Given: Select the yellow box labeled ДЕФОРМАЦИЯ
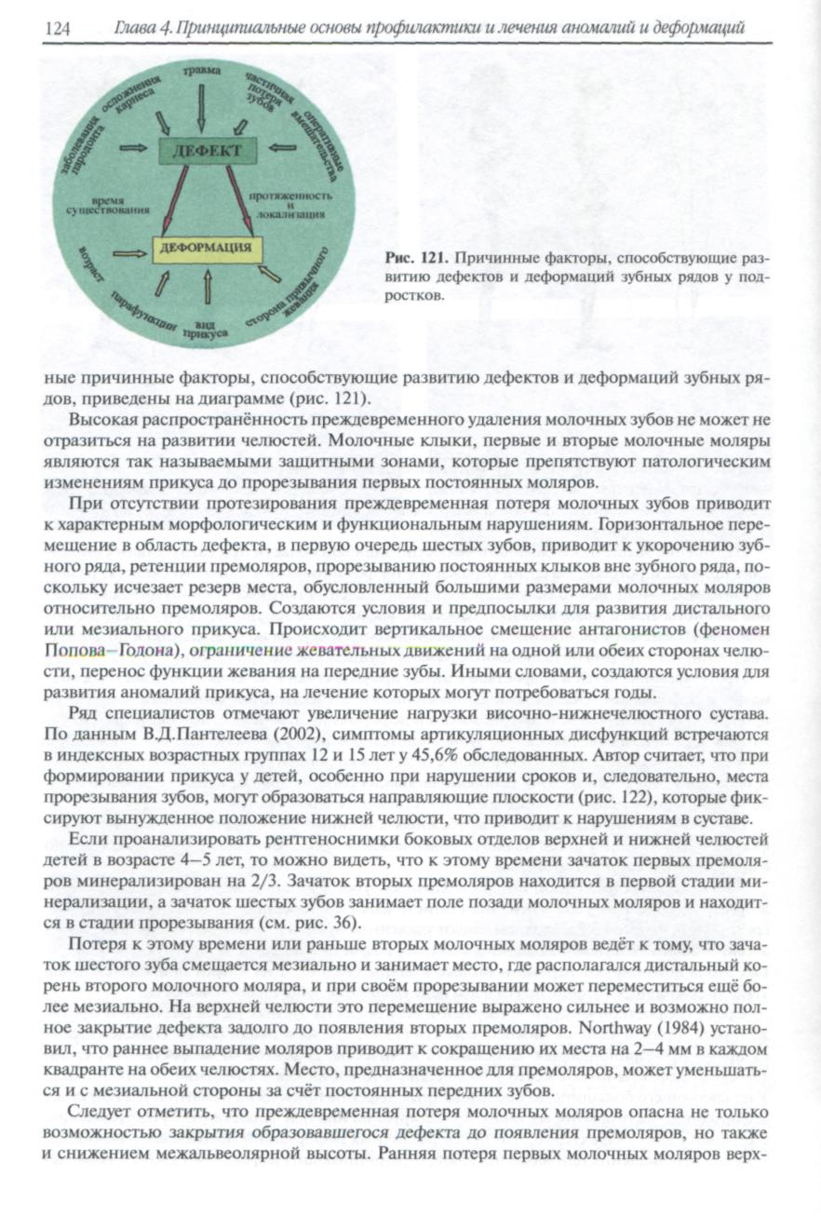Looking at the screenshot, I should pyautogui.click(x=207, y=249).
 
